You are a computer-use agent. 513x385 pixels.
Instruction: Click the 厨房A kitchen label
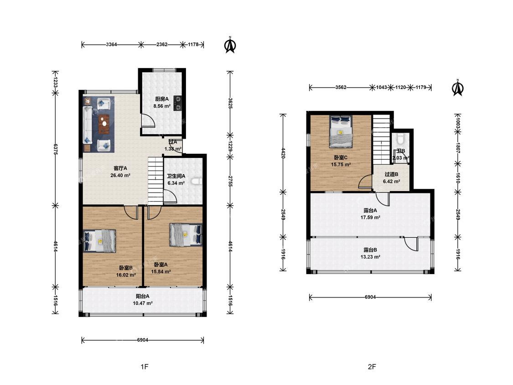click(x=161, y=99)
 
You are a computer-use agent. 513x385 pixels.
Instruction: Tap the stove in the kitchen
click(x=178, y=103)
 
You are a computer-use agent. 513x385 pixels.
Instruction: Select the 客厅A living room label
click(x=120, y=168)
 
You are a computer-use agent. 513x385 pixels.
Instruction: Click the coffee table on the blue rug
click(x=104, y=124)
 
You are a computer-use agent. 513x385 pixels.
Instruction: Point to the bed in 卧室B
click(x=100, y=241)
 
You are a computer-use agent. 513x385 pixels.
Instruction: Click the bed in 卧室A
click(x=186, y=235)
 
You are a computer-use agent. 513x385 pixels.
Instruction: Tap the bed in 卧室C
click(x=341, y=132)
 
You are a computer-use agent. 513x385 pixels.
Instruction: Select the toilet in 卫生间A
click(x=196, y=181)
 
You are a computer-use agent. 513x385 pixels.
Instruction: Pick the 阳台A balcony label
click(x=143, y=297)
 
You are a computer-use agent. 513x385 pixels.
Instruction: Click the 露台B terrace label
click(x=370, y=250)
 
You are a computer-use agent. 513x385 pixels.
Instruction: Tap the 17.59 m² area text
click(x=370, y=218)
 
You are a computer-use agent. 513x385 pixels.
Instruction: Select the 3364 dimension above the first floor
click(x=111, y=45)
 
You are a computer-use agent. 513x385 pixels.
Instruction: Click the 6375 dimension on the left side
click(x=56, y=149)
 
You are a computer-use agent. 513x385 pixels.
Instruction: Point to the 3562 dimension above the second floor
click(x=341, y=88)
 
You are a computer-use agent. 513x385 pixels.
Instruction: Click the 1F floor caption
click(x=144, y=367)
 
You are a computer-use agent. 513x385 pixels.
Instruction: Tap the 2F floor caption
click(x=372, y=367)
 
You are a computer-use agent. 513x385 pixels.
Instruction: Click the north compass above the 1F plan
click(x=230, y=45)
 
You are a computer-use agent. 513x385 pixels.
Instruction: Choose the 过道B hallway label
click(x=391, y=175)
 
